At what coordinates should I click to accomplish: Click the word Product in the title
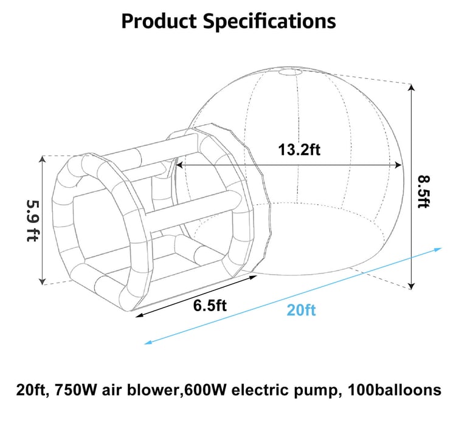[x=159, y=21]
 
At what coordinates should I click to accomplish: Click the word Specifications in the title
[x=269, y=22]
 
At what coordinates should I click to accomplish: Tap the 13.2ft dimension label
[x=299, y=150]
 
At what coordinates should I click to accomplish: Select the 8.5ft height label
[x=423, y=191]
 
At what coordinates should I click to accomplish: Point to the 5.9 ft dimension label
[x=33, y=221]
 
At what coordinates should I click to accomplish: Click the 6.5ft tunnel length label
[x=210, y=306]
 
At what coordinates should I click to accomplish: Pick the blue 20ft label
[x=301, y=310]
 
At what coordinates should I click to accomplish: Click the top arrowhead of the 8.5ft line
[x=411, y=86]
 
